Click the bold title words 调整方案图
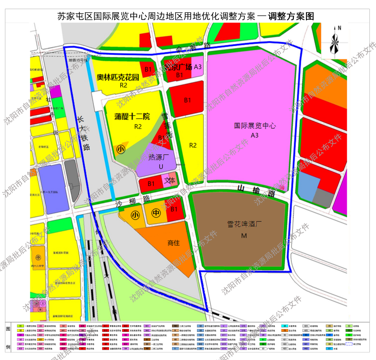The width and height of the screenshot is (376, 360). coord(290,16)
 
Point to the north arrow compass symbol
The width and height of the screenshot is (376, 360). coord(335,40)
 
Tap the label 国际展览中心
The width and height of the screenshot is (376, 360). coord(255,126)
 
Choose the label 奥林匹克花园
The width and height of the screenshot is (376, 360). coord(118,77)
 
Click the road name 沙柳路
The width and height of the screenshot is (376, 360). coord(133,200)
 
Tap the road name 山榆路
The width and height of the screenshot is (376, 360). coord(255,190)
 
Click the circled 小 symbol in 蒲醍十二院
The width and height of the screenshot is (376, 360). coord(121,149)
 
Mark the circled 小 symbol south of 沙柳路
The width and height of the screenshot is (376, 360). coord(135,215)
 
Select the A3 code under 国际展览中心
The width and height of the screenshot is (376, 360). coord(255,136)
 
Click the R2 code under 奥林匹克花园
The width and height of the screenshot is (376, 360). coord(124,86)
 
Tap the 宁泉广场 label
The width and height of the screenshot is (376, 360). coord(178,67)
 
